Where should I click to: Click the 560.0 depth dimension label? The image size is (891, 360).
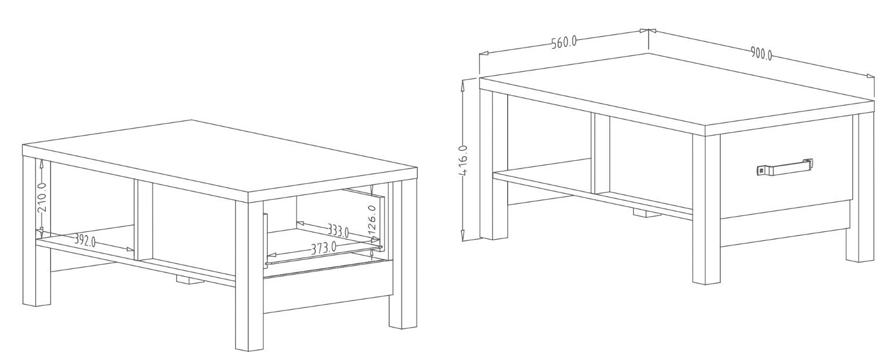coord(564,42)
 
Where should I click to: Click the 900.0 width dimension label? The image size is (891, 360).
coord(761,53)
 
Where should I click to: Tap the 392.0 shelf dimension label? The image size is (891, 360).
coord(85,240)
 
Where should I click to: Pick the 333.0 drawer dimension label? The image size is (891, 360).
coord(338,230)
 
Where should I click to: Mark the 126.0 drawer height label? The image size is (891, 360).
coord(372,220)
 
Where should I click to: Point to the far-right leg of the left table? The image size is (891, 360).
coord(403,255)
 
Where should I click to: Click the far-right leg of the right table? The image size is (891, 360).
coord(860,187)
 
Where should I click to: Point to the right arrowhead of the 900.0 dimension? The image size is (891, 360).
coord(870,76)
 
